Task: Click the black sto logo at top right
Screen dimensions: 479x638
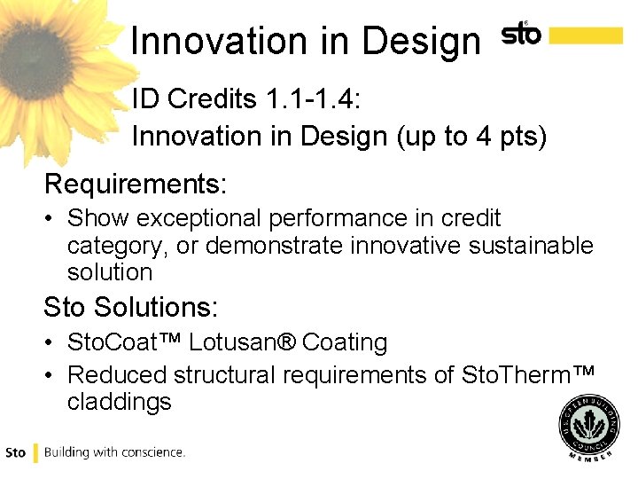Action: pos(521,35)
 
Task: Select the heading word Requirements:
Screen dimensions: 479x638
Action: pos(136,185)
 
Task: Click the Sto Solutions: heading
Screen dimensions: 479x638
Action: pos(130,308)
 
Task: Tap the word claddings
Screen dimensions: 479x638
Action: pos(119,402)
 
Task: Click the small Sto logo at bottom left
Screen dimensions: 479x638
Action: pos(16,452)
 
